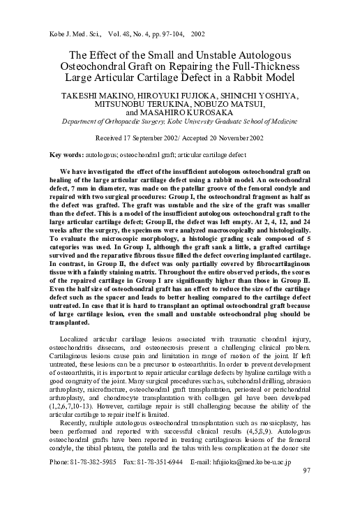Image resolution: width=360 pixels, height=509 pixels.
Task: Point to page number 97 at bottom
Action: click(x=307, y=491)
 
